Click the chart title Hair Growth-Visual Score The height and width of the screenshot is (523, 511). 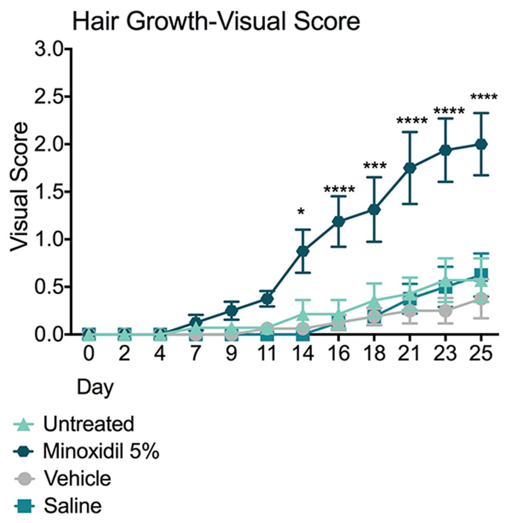point(216,22)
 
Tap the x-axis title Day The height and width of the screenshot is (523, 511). point(95,387)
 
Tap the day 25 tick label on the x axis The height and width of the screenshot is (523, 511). point(480,353)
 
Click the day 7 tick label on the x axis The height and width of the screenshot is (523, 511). point(195,353)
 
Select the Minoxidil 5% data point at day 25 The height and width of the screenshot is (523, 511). point(481,144)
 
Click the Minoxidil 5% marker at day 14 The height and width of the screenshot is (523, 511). point(303,251)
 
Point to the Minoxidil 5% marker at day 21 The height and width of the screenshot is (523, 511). point(410,168)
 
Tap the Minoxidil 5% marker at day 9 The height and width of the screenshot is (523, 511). point(231,310)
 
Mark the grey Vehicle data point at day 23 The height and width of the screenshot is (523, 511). point(445,310)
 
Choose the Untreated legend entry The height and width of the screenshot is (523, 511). point(75,424)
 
